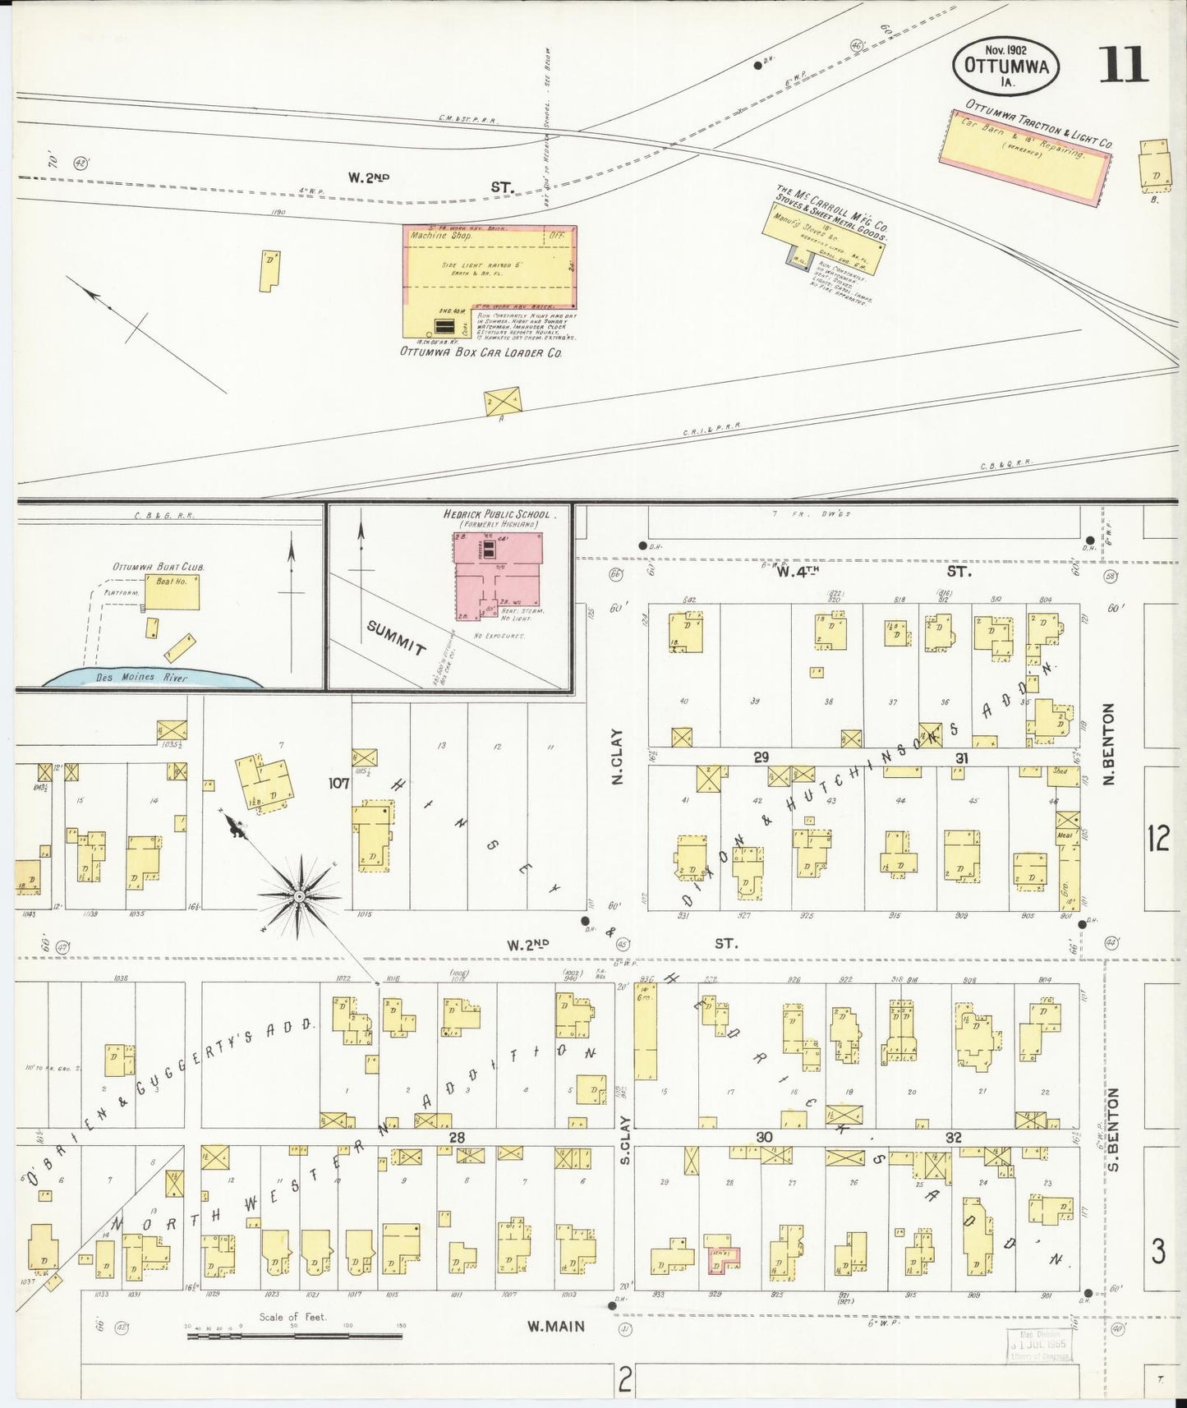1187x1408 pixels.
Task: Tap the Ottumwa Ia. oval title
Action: coord(1005,66)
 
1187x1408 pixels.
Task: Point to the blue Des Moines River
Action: coord(153,678)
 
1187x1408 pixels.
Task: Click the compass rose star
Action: coord(301,895)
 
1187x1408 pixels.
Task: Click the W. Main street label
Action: coord(555,1326)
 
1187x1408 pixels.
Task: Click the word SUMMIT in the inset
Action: coord(397,637)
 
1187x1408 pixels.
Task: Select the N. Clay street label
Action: coord(619,757)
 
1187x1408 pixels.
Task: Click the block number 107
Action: coord(339,784)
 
